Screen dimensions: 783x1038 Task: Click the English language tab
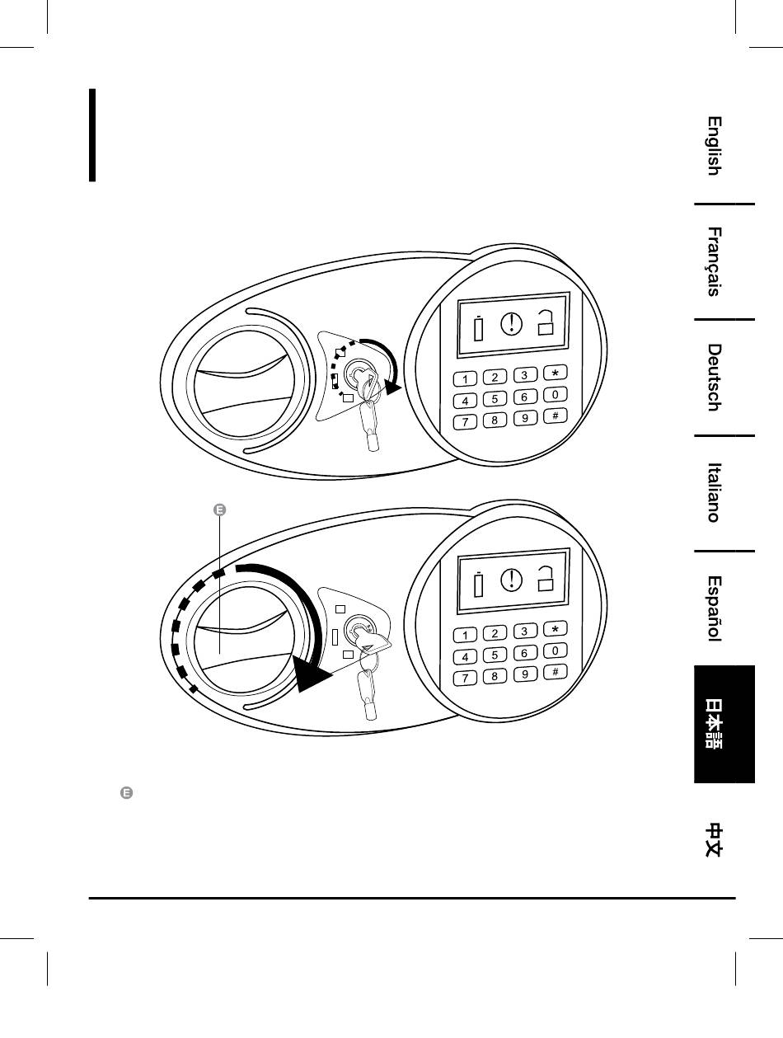point(715,146)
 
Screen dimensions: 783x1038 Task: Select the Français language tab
point(715,261)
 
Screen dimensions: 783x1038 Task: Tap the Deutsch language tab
point(715,377)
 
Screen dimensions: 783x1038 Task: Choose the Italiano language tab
point(715,492)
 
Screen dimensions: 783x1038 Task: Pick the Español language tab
point(715,608)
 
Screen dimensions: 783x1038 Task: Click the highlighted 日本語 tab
point(724,724)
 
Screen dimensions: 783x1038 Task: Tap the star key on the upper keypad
point(556,373)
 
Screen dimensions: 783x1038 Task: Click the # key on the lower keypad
point(556,671)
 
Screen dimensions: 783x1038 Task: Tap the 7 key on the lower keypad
point(467,679)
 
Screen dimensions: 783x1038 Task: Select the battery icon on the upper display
point(478,329)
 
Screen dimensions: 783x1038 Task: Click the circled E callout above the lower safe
point(220,511)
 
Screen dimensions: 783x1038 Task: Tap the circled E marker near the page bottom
point(127,793)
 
